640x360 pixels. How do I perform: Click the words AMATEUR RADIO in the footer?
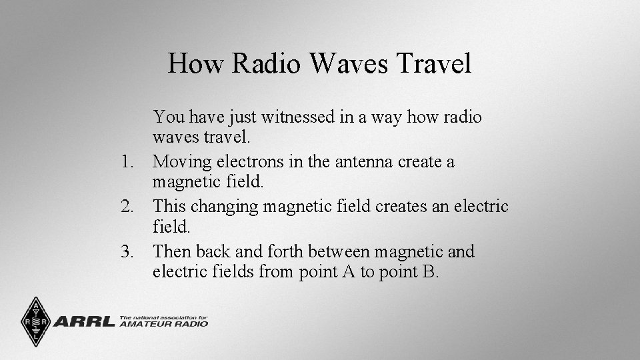pyautogui.click(x=163, y=324)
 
